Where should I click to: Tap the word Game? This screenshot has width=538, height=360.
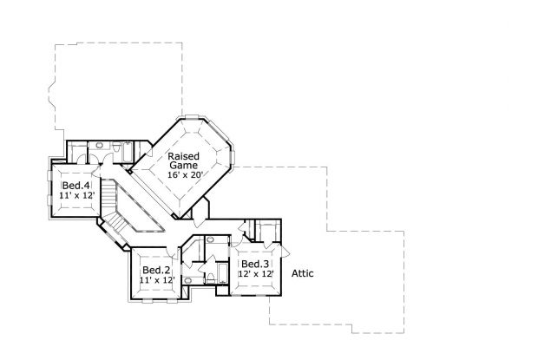(183, 165)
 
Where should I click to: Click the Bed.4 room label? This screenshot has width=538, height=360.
(75, 186)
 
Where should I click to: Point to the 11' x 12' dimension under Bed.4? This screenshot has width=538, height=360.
(75, 196)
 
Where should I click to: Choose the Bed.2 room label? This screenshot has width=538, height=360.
(155, 270)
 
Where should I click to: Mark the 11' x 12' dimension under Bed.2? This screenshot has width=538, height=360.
(156, 280)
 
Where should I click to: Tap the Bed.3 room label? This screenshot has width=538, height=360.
(255, 264)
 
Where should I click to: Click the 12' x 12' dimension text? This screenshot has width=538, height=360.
(257, 274)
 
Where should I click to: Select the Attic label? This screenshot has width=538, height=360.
(302, 273)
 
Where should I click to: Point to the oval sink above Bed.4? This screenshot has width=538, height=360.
(100, 145)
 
